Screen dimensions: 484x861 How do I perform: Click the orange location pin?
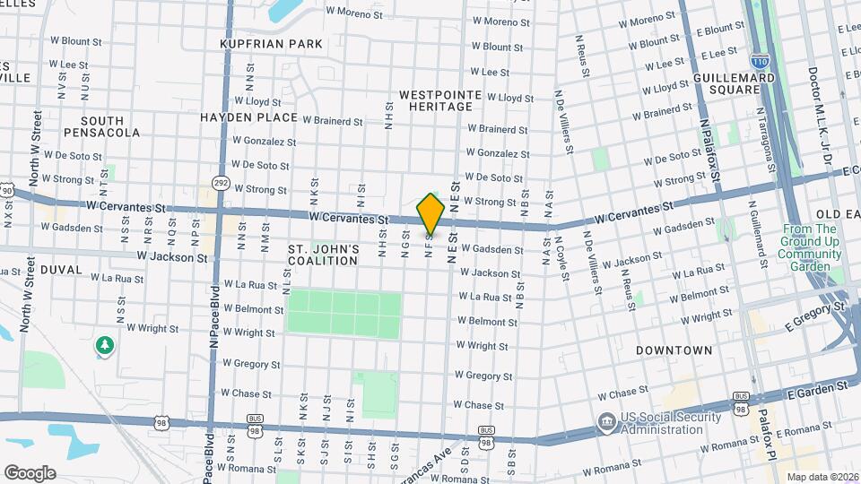click(431, 213)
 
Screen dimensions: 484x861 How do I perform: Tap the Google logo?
click(30, 472)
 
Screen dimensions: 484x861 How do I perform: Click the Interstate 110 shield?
click(760, 62)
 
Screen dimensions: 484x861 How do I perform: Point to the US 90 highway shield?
click(7, 190)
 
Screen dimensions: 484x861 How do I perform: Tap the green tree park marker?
click(105, 345)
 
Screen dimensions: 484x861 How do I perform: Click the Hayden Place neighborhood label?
click(248, 117)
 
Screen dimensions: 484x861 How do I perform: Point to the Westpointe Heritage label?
click(435, 100)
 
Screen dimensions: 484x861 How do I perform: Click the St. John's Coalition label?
click(323, 255)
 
